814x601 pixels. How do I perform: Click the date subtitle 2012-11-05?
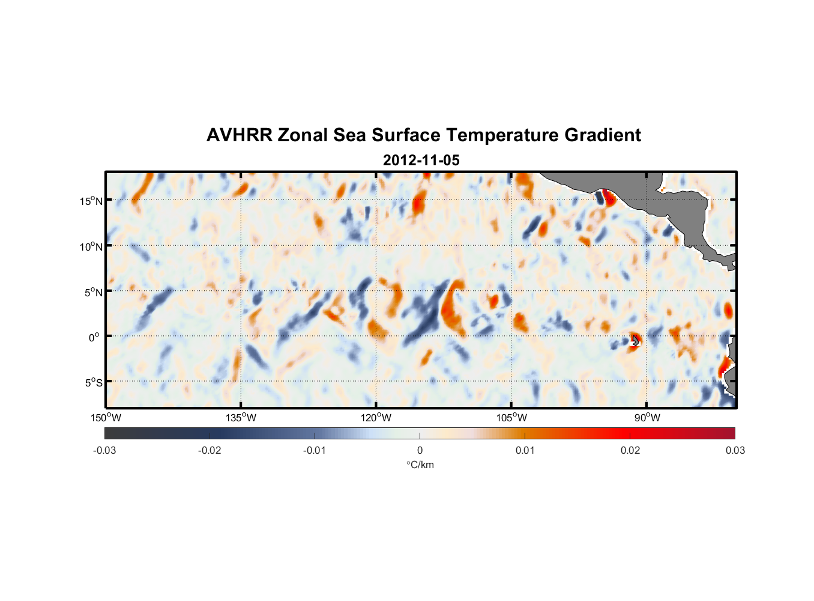(421, 160)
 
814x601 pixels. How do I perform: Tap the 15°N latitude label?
(91, 201)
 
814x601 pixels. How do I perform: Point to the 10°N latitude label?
(91, 246)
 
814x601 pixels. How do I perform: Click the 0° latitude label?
(94, 337)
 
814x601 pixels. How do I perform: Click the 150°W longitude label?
(106, 418)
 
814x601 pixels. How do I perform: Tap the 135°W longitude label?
(241, 418)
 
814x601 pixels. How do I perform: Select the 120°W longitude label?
(376, 418)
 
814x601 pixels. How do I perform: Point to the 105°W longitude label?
(511, 418)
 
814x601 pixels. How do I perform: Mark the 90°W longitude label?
(647, 418)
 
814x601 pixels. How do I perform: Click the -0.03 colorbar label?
(104, 450)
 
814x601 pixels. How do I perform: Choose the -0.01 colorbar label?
(315, 450)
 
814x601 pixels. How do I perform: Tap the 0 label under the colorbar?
(420, 450)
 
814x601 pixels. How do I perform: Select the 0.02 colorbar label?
(630, 450)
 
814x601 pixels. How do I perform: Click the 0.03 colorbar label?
(735, 450)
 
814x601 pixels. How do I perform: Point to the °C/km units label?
(420, 465)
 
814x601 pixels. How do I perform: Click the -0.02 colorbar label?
(210, 450)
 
